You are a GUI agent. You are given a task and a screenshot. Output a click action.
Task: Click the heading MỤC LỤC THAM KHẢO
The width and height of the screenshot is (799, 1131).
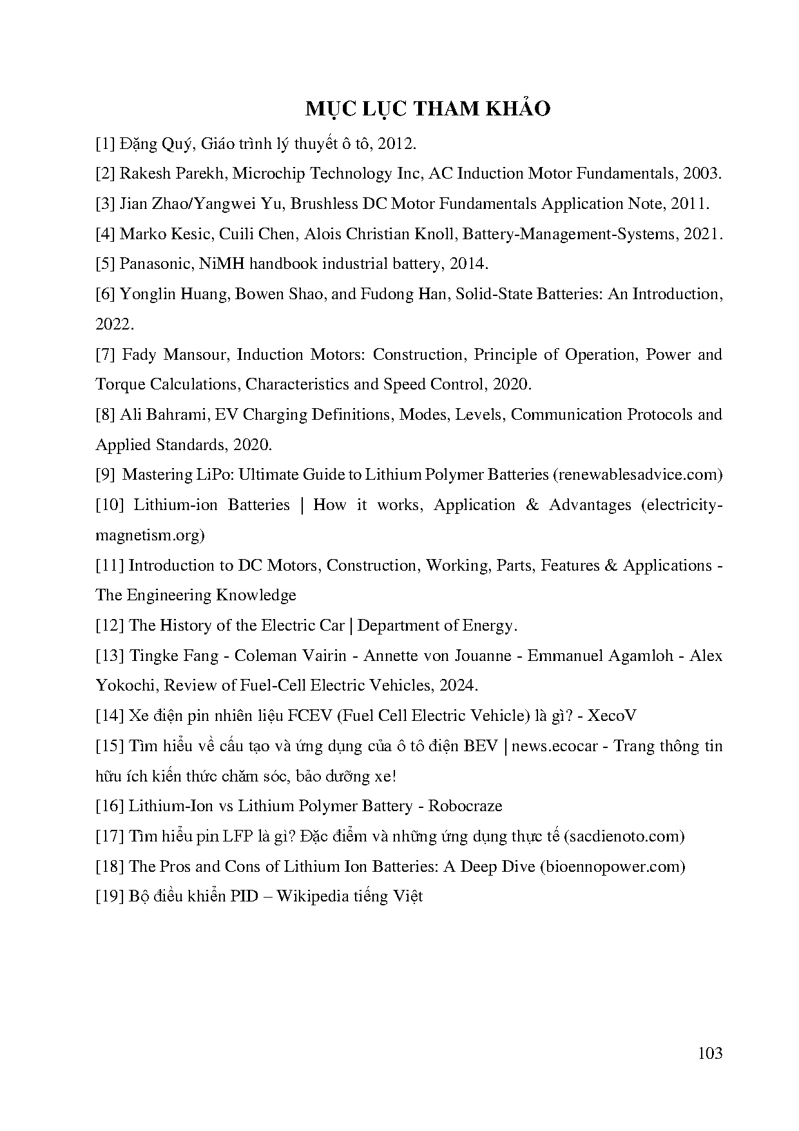click(428, 109)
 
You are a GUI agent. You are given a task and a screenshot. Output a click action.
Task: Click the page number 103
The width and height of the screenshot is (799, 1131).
click(709, 1053)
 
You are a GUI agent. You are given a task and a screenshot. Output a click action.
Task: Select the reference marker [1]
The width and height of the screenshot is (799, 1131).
click(105, 143)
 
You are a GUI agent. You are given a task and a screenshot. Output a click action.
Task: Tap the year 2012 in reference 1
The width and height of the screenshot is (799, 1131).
click(394, 143)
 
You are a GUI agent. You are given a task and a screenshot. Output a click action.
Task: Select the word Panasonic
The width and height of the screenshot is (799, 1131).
click(149, 264)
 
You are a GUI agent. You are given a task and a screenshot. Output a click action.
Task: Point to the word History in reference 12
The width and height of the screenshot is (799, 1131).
click(183, 625)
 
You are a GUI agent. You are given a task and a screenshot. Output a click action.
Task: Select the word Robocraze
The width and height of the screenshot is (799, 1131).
click(465, 806)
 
